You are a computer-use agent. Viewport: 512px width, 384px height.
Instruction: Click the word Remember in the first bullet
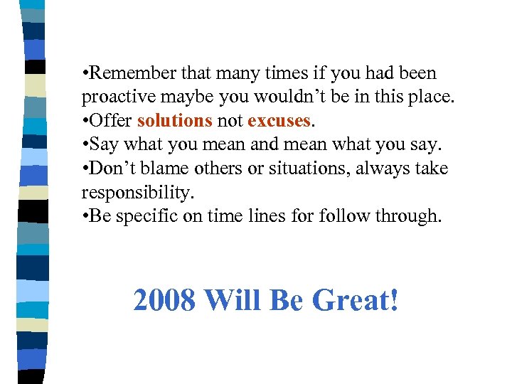[x=135, y=73]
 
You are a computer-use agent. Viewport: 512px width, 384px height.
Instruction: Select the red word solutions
[x=175, y=121]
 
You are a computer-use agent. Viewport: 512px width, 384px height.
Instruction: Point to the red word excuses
[x=279, y=121]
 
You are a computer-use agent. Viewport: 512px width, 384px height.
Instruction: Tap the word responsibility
[x=136, y=193]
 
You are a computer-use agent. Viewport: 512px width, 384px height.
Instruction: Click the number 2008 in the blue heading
[x=164, y=301]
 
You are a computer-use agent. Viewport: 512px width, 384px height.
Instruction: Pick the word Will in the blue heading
[x=233, y=301]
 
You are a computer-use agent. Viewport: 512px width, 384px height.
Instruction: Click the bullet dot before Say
[x=85, y=145]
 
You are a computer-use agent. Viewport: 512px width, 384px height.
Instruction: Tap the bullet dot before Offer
[x=85, y=121]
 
